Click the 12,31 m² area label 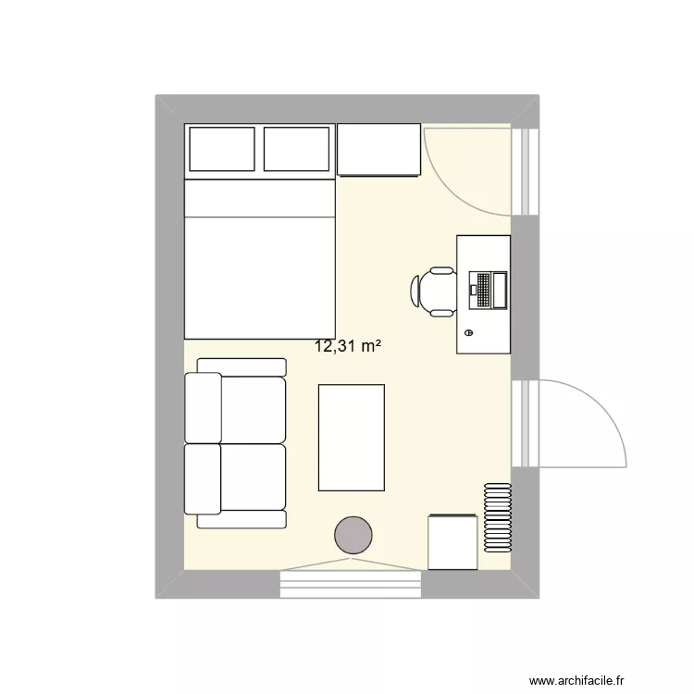(349, 347)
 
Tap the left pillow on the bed (222, 149)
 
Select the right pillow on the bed (296, 149)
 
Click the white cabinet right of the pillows (379, 149)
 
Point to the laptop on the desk (489, 290)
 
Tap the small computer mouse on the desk (468, 331)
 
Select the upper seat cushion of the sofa (252, 408)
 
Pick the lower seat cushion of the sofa (252, 477)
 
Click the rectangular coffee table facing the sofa (351, 437)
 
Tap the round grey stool (353, 535)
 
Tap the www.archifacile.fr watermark (577, 678)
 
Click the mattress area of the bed (259, 278)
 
